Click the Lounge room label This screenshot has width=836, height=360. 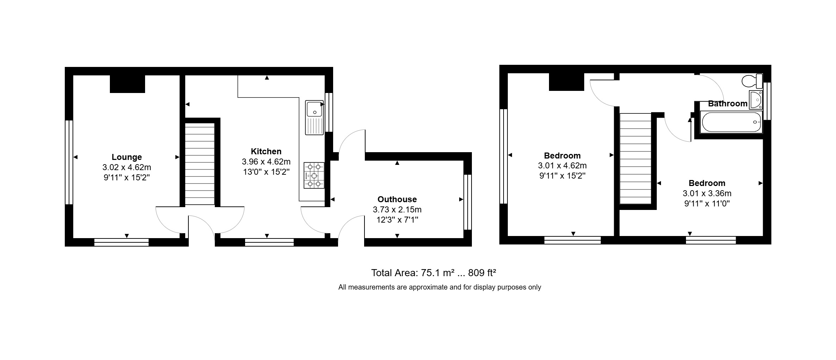pyautogui.click(x=127, y=157)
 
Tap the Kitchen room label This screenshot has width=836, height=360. pyautogui.click(x=266, y=151)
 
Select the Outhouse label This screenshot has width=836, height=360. pyautogui.click(x=397, y=199)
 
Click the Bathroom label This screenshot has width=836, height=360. pyautogui.click(x=728, y=104)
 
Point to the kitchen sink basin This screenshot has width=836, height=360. pyautogui.click(x=313, y=108)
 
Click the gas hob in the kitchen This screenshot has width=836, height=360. pyautogui.click(x=314, y=175)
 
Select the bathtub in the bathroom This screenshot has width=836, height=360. pyautogui.click(x=732, y=122)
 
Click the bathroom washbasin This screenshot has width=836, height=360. pyautogui.click(x=756, y=100)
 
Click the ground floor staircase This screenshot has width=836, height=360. pyautogui.click(x=200, y=164)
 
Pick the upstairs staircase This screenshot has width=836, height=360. pyautogui.click(x=636, y=158)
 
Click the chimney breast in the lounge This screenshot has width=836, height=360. pyautogui.click(x=127, y=84)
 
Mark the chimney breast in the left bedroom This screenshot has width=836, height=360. pyautogui.click(x=567, y=82)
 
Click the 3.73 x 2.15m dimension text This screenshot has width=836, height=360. pyautogui.click(x=397, y=210)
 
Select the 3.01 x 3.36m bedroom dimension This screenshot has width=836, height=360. pyautogui.click(x=707, y=193)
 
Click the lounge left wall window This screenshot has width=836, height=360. pyautogui.click(x=69, y=162)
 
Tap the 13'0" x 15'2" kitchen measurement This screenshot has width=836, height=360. pyautogui.click(x=266, y=172)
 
